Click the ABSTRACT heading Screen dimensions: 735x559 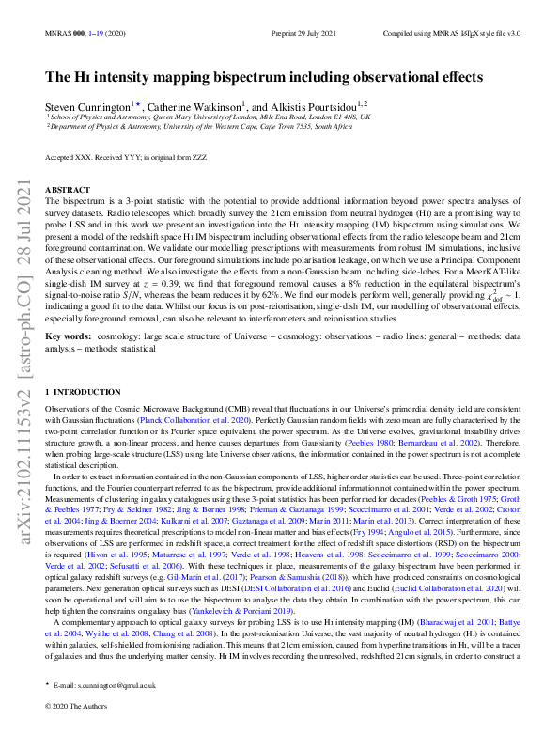[x=68, y=189]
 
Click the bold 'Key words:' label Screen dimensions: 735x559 [x=70, y=335]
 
